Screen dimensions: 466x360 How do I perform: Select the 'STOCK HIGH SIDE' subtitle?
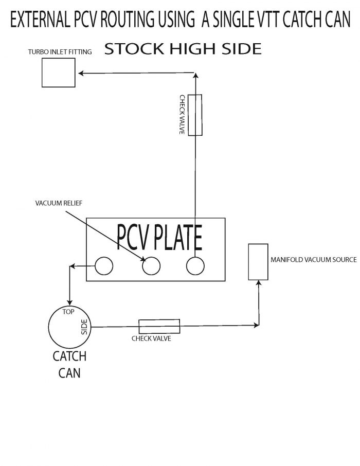pos(183,49)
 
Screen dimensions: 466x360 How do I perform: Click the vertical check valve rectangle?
pos(195,115)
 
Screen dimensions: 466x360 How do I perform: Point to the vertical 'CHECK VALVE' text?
pos(182,115)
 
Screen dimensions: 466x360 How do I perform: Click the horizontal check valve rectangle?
pos(159,326)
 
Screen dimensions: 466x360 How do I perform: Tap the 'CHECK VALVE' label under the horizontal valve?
pos(151,338)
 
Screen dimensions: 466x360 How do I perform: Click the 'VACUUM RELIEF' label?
pos(59,203)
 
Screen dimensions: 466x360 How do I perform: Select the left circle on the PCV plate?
pos(103,266)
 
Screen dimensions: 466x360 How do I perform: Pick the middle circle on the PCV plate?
pos(151,266)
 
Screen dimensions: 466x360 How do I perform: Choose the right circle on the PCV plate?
pos(195,266)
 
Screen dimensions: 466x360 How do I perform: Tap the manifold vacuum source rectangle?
pos(258,262)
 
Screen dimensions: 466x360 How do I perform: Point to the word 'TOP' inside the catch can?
pos(68,312)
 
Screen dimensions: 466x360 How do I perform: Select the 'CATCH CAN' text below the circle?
pos(69,364)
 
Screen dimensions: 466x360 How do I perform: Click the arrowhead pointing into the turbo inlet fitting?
pos(81,74)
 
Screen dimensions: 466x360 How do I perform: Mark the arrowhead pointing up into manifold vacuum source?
pos(258,284)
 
